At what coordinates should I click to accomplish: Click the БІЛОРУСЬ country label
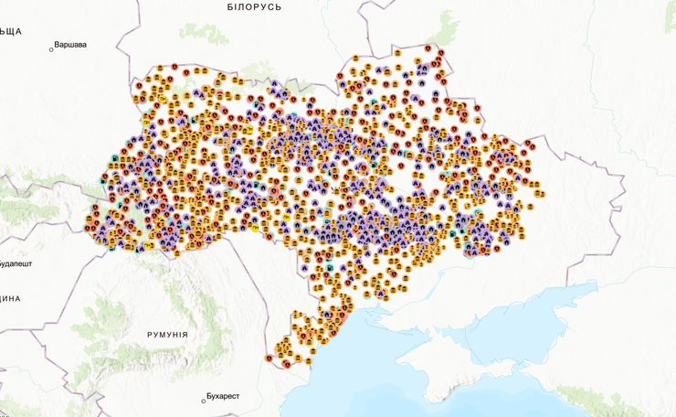pos(254,7)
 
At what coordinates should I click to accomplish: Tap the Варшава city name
pos(71,44)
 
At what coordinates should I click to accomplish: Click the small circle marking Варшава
pos(51,49)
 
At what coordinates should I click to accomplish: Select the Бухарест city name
pos(223,396)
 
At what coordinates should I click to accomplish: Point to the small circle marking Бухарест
pos(204,401)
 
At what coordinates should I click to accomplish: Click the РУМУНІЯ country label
pos(167,335)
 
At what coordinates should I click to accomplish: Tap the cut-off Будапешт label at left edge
pos(16,262)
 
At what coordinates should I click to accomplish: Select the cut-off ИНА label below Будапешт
pos(9,299)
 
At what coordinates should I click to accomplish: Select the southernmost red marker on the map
pos(286,364)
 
